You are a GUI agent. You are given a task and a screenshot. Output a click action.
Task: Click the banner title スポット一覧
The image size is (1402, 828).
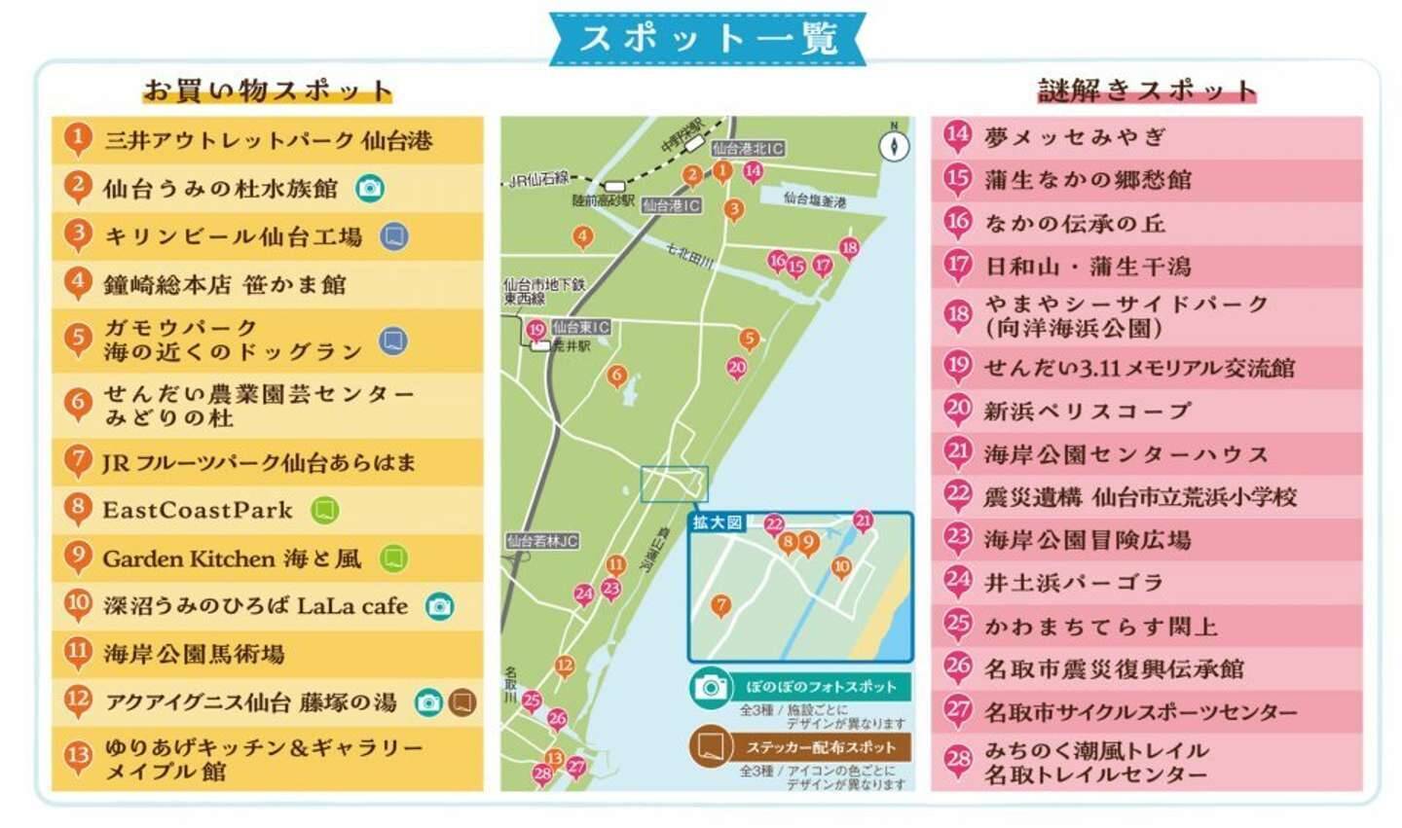(x=708, y=39)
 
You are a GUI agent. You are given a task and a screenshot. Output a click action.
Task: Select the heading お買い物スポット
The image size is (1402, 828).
(x=267, y=90)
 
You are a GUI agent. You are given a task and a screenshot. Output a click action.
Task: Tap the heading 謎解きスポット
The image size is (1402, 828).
(x=1146, y=90)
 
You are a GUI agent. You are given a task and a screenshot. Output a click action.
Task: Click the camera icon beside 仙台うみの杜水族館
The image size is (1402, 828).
(x=369, y=188)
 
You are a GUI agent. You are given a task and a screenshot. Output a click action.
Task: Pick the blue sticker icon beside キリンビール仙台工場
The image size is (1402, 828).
(x=393, y=236)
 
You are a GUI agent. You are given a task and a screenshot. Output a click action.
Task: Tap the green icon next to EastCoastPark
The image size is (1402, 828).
(x=324, y=510)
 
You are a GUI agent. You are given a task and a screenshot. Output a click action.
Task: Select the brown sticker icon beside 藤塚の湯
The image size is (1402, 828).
(x=461, y=702)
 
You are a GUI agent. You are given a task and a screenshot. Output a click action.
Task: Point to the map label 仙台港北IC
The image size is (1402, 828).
(x=748, y=149)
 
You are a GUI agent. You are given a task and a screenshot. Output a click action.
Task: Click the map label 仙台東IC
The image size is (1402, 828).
(x=580, y=327)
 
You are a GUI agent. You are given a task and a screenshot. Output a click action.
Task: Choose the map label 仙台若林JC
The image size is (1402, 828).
(x=542, y=541)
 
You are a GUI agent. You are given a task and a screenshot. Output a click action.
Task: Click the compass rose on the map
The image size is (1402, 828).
(x=894, y=145)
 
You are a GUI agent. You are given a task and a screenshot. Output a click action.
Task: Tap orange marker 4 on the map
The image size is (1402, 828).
(x=582, y=236)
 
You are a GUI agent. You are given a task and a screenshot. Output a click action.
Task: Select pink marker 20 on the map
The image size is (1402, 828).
(x=737, y=368)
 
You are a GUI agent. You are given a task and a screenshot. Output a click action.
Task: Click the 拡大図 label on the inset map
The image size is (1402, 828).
(x=717, y=522)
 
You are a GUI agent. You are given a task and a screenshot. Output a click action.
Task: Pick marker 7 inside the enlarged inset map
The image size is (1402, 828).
(x=720, y=605)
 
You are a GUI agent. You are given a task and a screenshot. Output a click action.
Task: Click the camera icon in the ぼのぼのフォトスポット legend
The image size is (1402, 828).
(x=712, y=687)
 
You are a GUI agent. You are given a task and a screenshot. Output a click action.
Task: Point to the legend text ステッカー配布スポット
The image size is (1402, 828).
(x=821, y=747)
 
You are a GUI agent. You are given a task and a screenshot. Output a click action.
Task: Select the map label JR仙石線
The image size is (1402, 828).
(x=539, y=179)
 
